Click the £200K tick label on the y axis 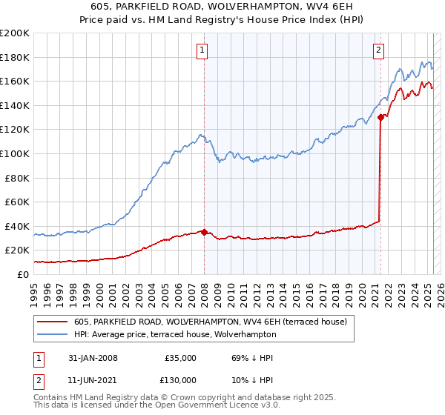[x=14, y=33]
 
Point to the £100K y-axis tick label [x=14, y=153]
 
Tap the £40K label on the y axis [x=17, y=226]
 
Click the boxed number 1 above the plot [x=202, y=50]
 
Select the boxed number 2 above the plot [x=379, y=50]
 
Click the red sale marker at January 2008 [x=204, y=232]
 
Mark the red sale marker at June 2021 [x=380, y=117]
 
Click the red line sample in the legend [x=53, y=322]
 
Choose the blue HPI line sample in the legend [x=53, y=334]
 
